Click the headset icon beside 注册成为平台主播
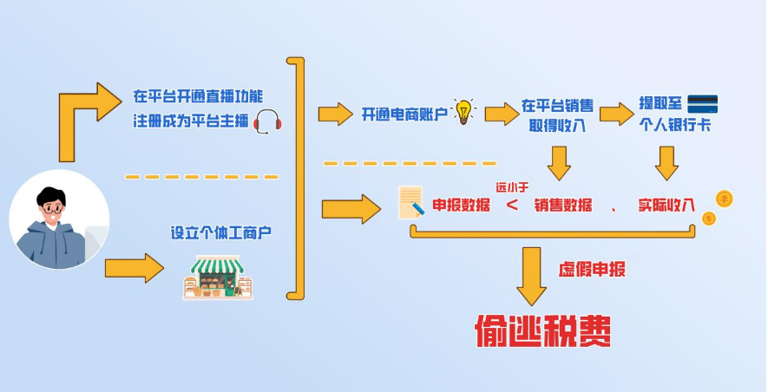coord(267,121)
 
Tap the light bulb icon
coord(464,112)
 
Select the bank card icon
coord(703,103)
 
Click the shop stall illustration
coord(217,276)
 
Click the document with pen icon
coord(410,202)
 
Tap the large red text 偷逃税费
coord(542,330)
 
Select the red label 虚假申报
coord(591,269)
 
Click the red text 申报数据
coord(461,205)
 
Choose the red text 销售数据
coord(563,205)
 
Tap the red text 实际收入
coord(666,205)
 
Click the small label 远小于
coord(512,186)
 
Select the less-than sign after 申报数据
coord(512,206)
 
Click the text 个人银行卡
coord(674,123)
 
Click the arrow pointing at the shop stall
coord(134,267)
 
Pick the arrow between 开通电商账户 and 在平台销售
coord(500,114)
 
